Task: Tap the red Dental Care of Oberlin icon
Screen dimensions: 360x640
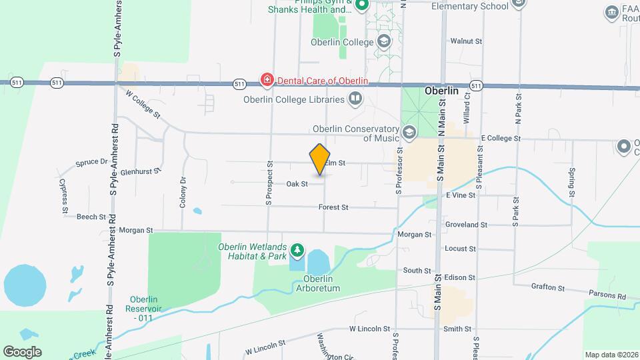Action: click(267, 81)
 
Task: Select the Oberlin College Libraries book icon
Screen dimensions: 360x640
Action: click(356, 100)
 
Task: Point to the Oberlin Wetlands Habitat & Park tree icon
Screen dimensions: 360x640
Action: click(297, 251)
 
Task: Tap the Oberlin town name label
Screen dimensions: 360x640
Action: click(442, 91)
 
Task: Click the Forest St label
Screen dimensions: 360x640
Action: click(333, 207)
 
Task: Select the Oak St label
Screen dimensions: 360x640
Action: click(297, 183)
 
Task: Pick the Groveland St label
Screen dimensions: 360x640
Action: click(466, 225)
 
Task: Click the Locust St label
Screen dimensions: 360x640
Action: click(461, 249)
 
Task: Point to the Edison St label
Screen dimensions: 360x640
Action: click(460, 277)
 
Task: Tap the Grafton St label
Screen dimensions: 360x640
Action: click(548, 288)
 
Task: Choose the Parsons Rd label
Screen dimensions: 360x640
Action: click(607, 297)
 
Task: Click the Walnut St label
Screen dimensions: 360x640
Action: click(466, 41)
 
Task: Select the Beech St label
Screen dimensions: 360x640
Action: click(91, 217)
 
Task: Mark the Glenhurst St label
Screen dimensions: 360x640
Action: click(137, 171)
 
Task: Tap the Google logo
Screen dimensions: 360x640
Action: click(22, 351)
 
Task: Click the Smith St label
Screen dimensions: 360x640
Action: click(457, 329)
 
